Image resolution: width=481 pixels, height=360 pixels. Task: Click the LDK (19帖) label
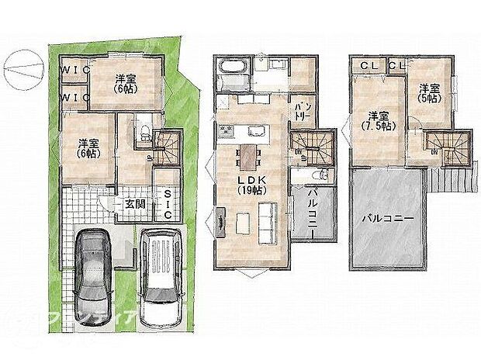point(250,184)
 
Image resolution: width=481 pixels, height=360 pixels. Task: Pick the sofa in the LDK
point(266,220)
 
